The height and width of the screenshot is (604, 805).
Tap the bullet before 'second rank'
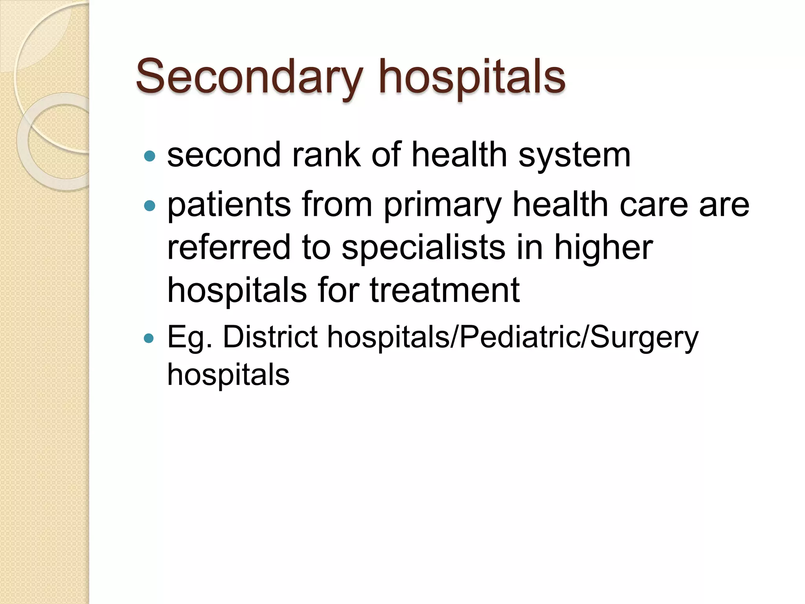[150, 157]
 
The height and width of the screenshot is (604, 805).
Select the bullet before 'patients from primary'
[150, 205]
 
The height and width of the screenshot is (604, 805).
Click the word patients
[229, 204]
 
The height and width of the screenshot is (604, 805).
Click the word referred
[228, 247]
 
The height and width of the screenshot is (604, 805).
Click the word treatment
[445, 291]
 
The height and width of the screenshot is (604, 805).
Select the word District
[270, 337]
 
